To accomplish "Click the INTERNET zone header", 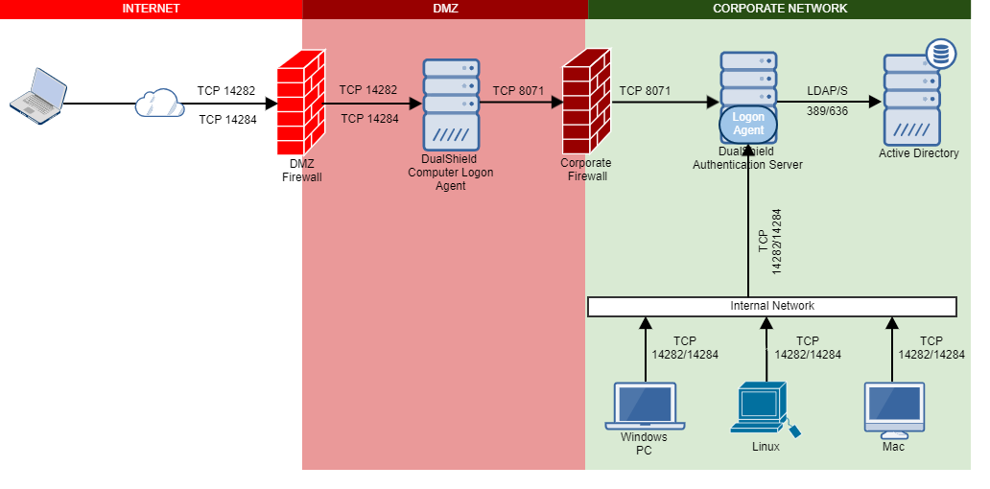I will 151,9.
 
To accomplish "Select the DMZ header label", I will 445,9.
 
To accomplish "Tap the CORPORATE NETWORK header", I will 779,9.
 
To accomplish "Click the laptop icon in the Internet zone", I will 38,94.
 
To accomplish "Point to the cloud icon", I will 159,103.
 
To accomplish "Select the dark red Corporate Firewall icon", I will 587,105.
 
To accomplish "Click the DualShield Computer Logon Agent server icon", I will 450,103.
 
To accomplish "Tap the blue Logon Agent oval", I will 748,124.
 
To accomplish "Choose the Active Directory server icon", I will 911,100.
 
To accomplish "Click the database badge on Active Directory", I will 940,55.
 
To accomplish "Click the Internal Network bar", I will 772,306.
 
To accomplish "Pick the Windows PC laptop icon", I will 644,407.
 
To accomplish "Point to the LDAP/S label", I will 827,91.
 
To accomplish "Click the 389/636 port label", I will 827,111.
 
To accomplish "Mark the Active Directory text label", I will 918,153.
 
